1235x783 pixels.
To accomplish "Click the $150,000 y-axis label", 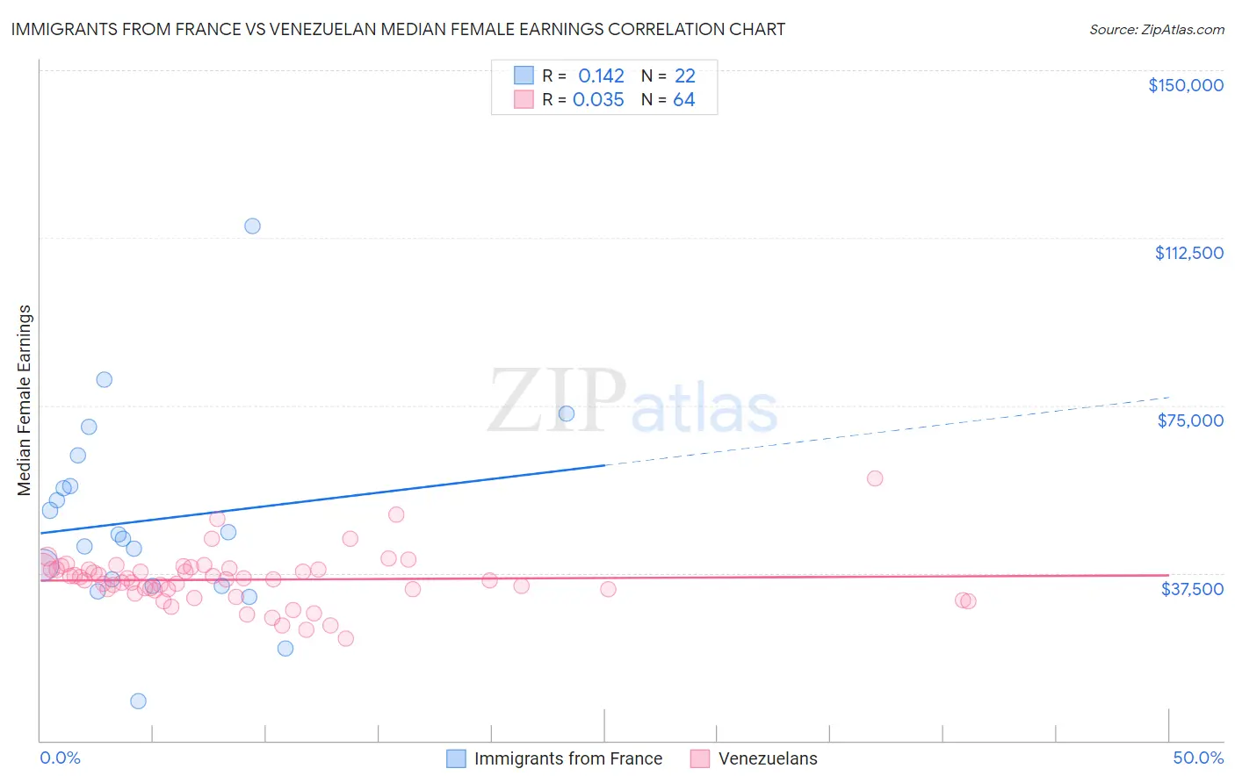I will point(1185,85).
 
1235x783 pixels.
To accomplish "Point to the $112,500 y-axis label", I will point(1188,253).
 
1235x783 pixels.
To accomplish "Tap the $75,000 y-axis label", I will point(1190,420).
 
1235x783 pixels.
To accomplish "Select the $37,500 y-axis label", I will point(1192,589).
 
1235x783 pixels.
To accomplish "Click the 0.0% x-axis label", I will point(60,758).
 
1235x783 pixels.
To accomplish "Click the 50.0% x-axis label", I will point(1198,758).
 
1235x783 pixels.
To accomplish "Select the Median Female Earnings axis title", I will point(25,400).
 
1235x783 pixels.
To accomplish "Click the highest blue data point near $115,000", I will point(252,226).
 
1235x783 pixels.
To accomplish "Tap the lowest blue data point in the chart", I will point(138,700).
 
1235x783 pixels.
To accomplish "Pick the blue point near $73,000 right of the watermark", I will point(567,413).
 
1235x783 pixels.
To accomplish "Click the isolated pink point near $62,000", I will point(874,478).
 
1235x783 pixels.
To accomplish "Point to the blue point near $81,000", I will point(105,379).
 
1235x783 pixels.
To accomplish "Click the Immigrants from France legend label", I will point(568,758).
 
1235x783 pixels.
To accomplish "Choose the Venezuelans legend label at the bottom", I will point(768,758).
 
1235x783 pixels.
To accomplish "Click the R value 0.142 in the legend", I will point(601,76).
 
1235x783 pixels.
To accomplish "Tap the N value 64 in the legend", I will point(683,100).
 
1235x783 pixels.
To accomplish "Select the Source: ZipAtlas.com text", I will point(1156,29).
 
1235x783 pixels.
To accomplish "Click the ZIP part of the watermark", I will point(556,401).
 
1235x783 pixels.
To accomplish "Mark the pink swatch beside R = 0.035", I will point(524,99).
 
